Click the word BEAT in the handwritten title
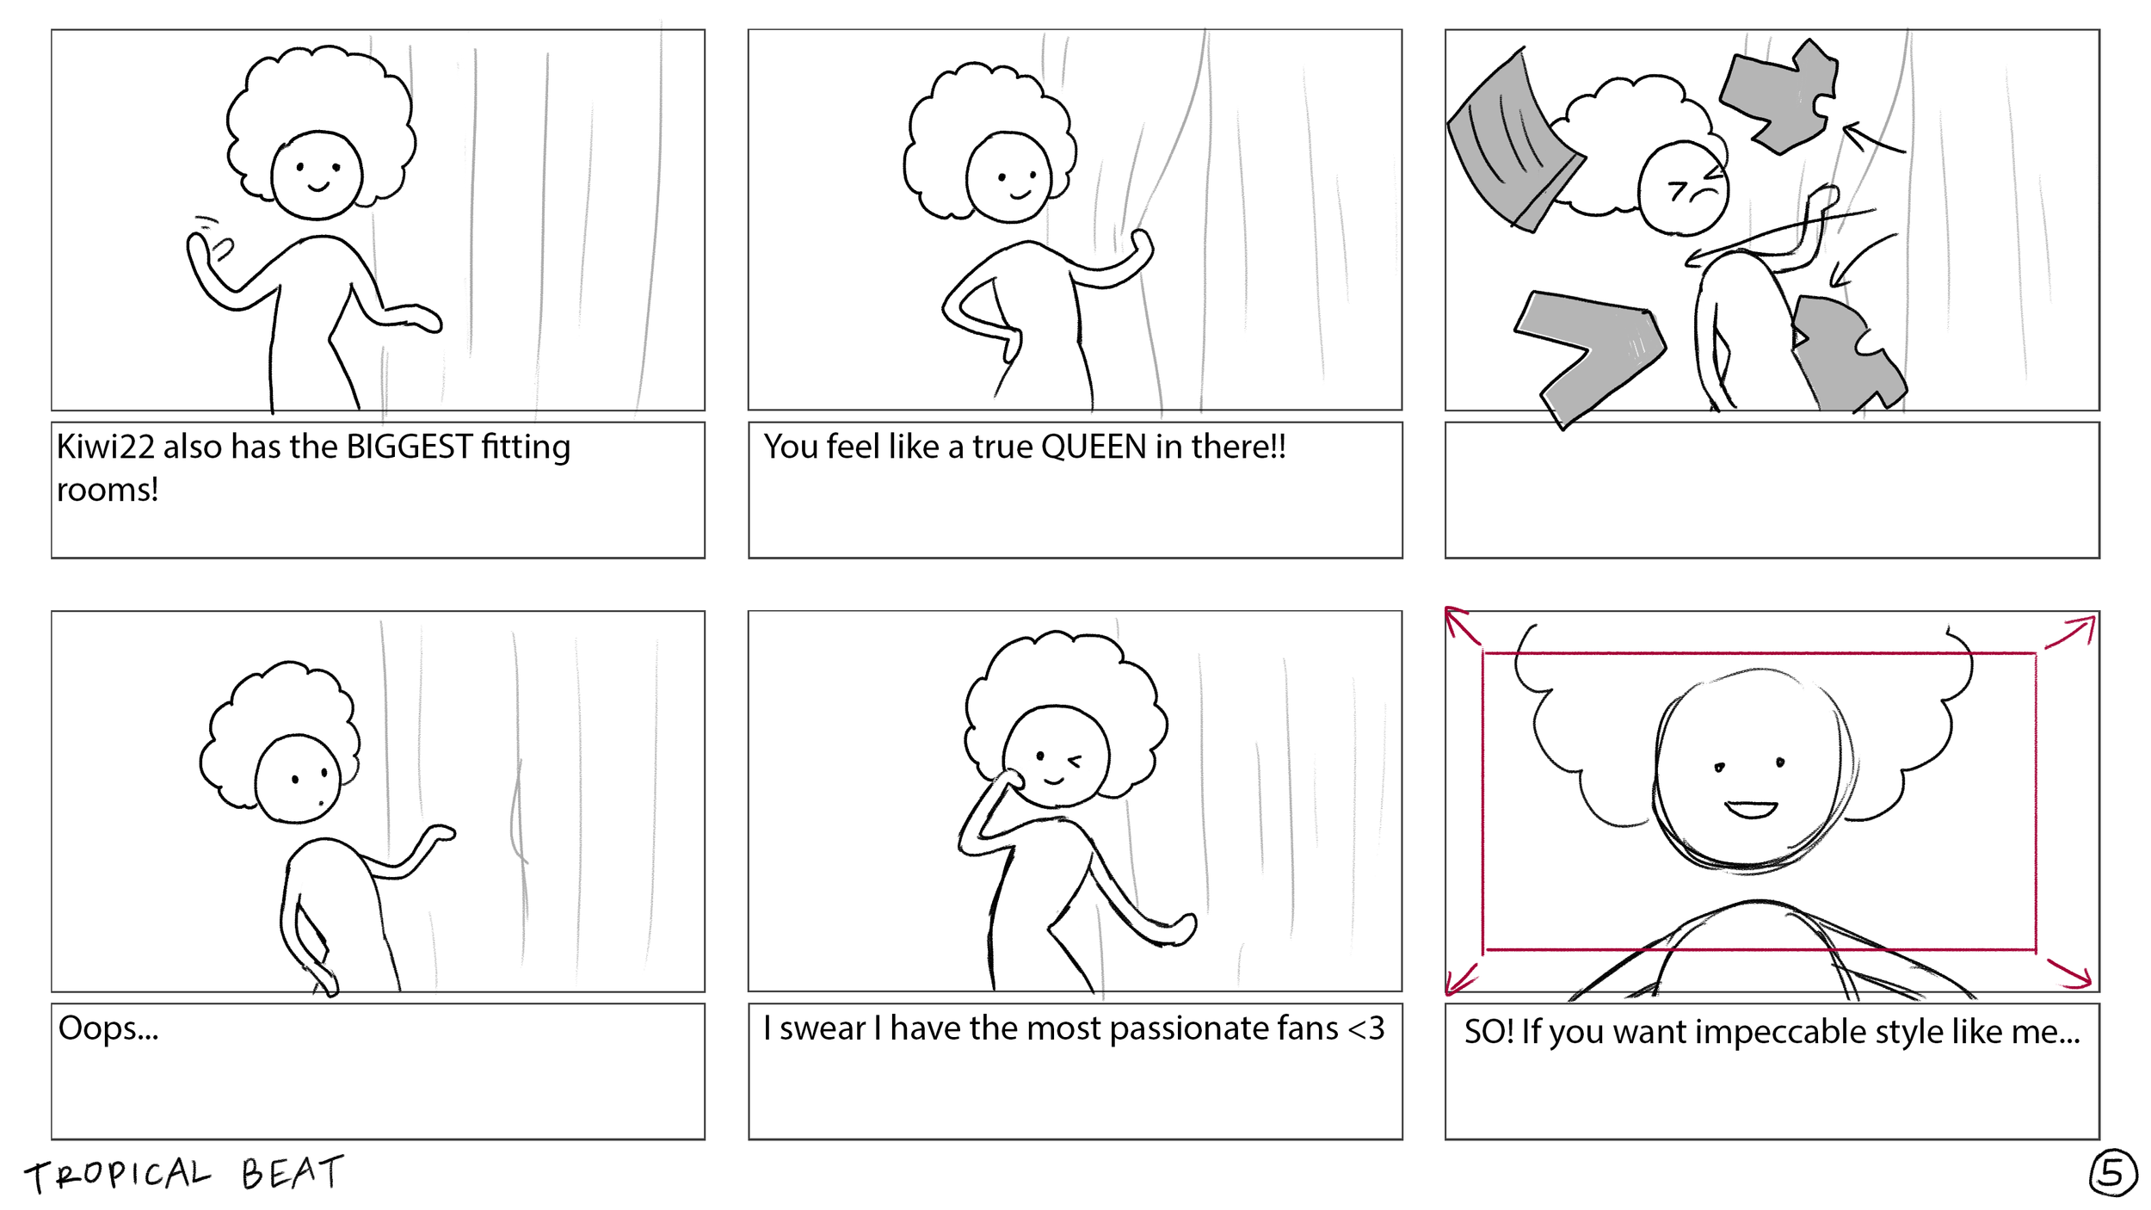click(292, 1172)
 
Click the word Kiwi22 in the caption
click(105, 447)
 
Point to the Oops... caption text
click(108, 1028)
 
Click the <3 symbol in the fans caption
click(1365, 1028)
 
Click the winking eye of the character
click(1074, 761)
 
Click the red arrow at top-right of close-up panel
click(2072, 632)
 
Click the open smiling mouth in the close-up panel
click(1750, 810)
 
